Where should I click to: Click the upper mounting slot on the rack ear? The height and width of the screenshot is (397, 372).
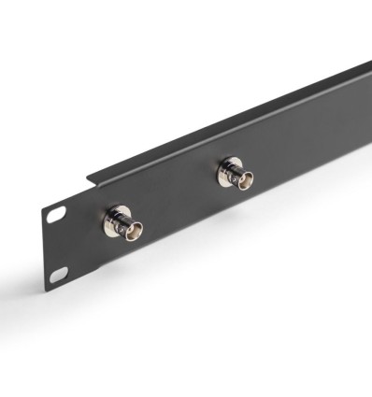click(56, 215)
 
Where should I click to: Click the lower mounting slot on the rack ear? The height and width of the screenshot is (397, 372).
click(59, 274)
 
